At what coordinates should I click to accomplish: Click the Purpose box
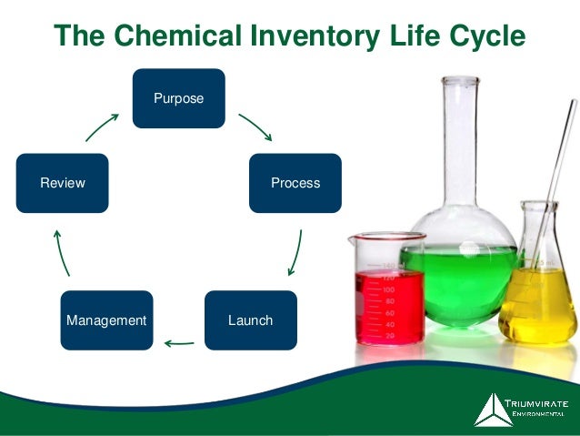click(178, 97)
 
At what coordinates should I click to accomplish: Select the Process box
click(295, 183)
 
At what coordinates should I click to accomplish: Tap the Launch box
click(250, 320)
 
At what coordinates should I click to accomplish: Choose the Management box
click(106, 320)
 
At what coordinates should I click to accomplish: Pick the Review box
click(63, 183)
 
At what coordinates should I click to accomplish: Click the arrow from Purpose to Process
click(255, 127)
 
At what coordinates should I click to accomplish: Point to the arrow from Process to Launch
click(295, 252)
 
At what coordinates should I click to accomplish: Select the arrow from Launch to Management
click(179, 344)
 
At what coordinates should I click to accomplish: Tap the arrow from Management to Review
click(61, 252)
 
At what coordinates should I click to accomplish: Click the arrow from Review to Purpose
click(102, 127)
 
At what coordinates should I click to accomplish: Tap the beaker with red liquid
click(388, 300)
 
